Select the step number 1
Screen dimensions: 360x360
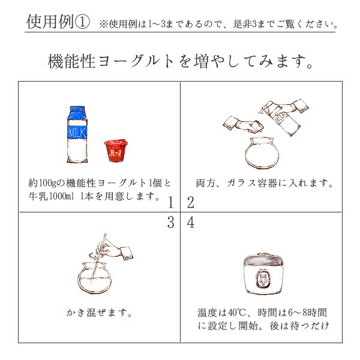(171, 202)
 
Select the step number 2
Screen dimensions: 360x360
(191, 202)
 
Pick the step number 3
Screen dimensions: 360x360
(171, 223)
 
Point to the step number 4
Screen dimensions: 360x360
(191, 223)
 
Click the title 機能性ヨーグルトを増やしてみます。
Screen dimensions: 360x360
(180, 62)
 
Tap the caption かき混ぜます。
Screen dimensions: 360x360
(99, 313)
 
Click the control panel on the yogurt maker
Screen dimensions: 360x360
(263, 279)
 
